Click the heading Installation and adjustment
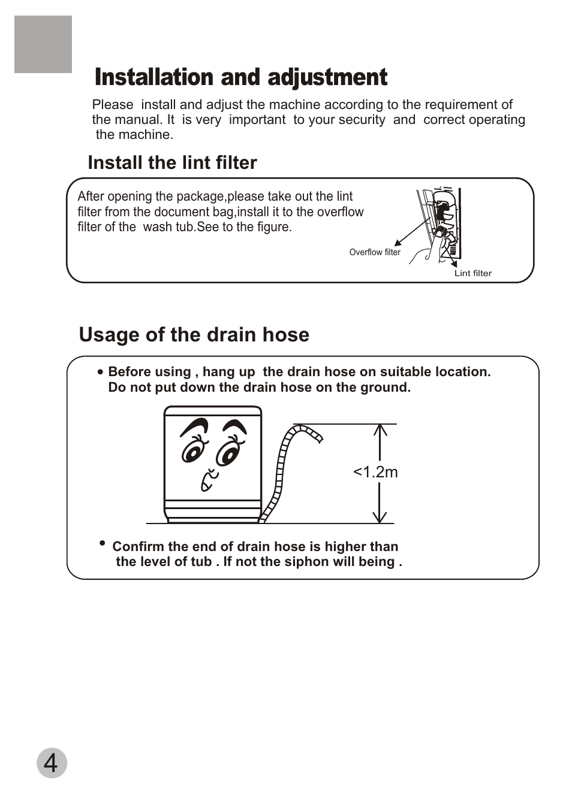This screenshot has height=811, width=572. pos(241,78)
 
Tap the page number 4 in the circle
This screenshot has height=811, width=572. pos(52,764)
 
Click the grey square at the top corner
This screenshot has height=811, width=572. pos(43,44)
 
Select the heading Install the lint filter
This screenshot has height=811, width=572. pos(172,163)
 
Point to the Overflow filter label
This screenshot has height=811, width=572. pos(375,252)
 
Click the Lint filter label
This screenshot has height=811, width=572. pos(472,273)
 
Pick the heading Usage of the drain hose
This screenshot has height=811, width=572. pos(194,335)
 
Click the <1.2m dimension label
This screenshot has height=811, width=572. pos(375,472)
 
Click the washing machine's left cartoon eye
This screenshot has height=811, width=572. pos(194,452)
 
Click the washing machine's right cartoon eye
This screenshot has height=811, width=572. pos(228,454)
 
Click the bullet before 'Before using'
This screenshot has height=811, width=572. pos(101,372)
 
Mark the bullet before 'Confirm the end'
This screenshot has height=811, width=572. pos(102,543)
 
